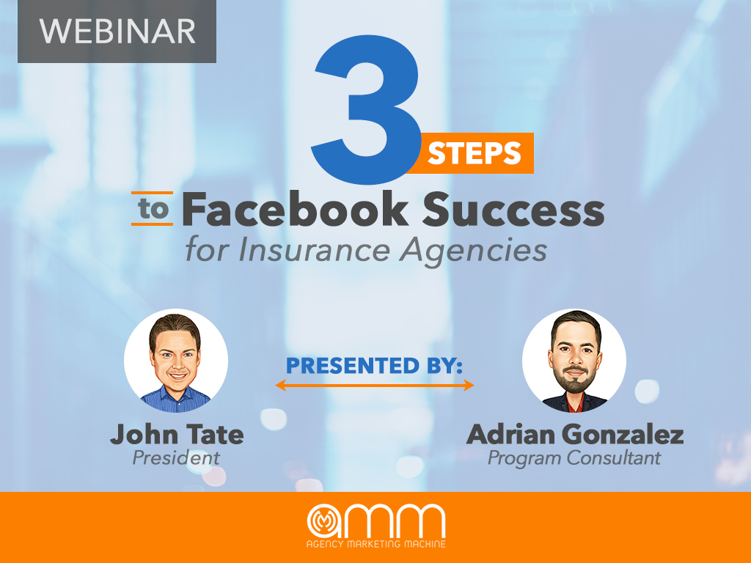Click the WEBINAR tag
[x=117, y=31]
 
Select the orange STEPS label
[x=474, y=154]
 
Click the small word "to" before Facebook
[x=153, y=210]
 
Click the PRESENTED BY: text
[x=374, y=364]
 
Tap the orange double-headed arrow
[x=374, y=384]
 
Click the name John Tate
[x=177, y=435]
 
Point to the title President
[x=176, y=458]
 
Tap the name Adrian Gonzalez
[x=574, y=435]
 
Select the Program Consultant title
[x=574, y=458]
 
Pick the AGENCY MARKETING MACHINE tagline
[x=375, y=544]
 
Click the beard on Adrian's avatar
[x=574, y=377]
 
